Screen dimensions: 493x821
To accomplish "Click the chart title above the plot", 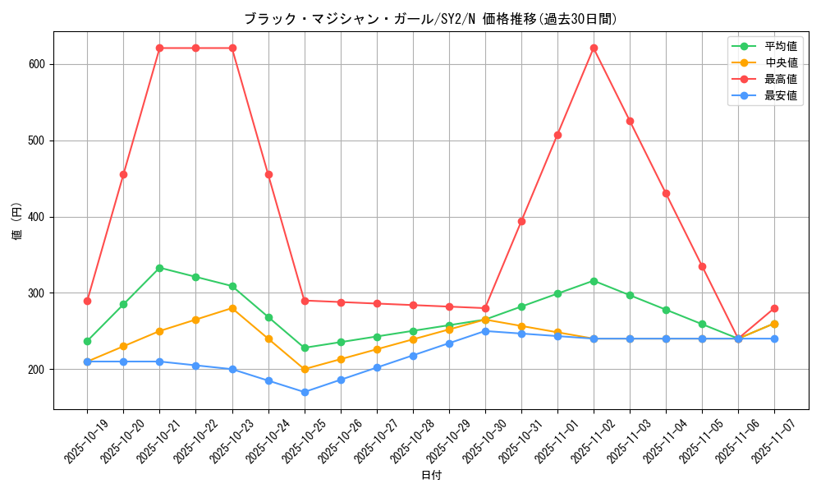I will [430, 19].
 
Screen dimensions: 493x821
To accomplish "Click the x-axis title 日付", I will [431, 476].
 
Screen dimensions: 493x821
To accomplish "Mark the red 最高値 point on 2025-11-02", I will [594, 48].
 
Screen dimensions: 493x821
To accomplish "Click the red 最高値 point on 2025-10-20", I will [123, 174].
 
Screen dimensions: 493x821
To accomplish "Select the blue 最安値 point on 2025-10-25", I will [305, 392].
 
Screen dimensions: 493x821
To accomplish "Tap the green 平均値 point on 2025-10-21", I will [159, 268].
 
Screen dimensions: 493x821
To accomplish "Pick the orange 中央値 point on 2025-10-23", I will [232, 308].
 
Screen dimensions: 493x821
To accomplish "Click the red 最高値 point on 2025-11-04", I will [666, 193].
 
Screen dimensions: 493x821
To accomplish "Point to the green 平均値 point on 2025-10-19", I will [87, 341].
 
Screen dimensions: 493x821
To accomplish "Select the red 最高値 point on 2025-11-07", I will [774, 308].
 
